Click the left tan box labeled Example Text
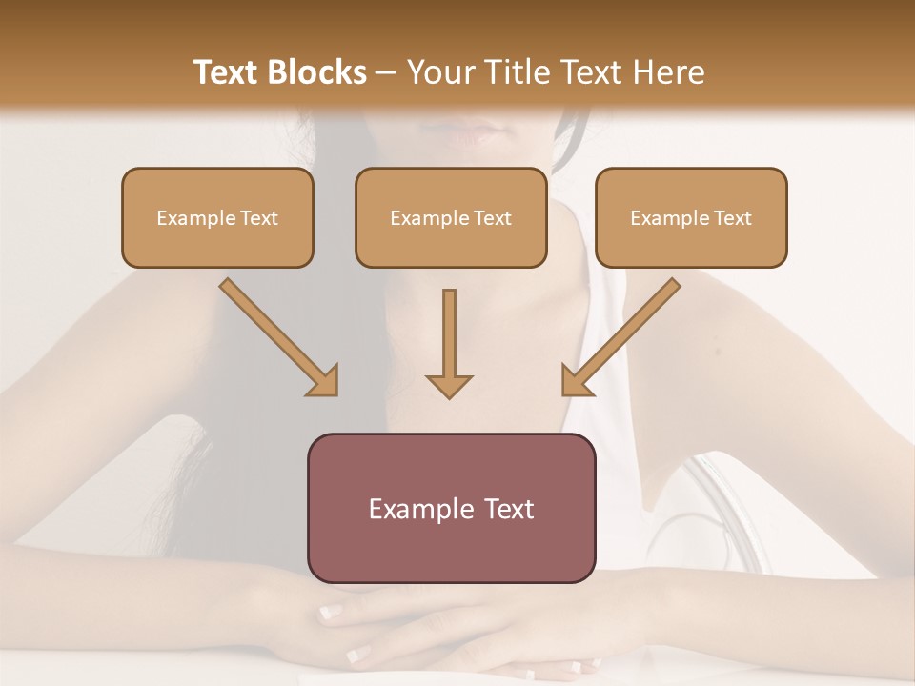pyautogui.click(x=217, y=218)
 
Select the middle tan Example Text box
pyautogui.click(x=451, y=218)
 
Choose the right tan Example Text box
pyautogui.click(x=691, y=218)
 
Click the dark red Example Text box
pyautogui.click(x=451, y=509)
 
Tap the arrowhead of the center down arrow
pyautogui.click(x=449, y=386)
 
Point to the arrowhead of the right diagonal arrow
pyautogui.click(x=576, y=381)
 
